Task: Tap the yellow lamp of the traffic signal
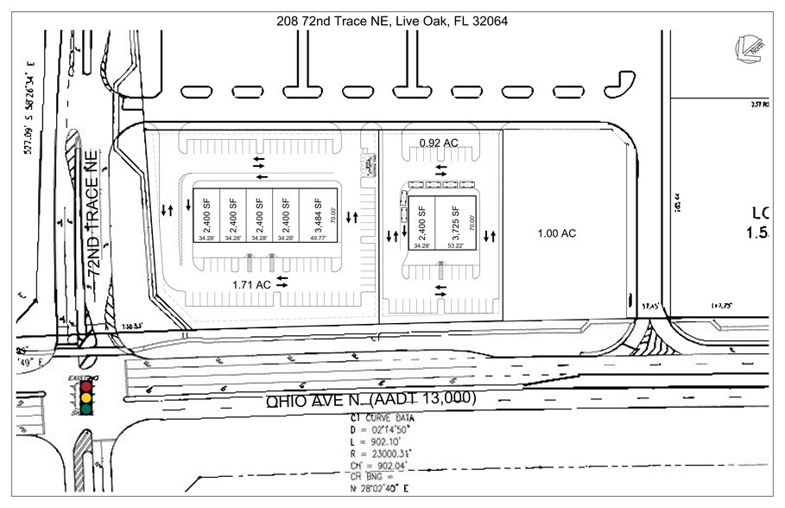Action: [x=85, y=397]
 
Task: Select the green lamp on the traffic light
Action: [x=85, y=409]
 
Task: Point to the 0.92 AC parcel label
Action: [x=439, y=142]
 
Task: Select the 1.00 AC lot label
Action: [x=556, y=233]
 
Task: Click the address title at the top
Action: [x=391, y=21]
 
